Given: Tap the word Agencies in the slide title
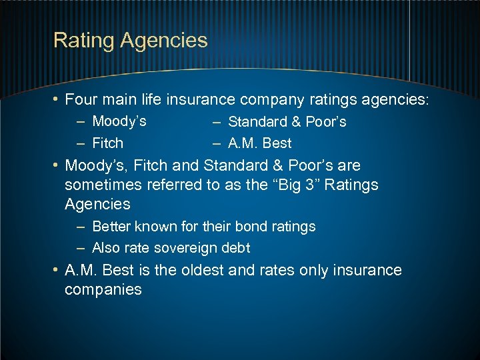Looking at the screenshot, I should (x=164, y=41).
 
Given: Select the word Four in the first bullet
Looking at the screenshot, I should (x=81, y=100).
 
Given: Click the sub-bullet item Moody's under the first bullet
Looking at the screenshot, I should (x=119, y=121).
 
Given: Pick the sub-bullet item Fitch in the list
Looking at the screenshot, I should (x=108, y=143).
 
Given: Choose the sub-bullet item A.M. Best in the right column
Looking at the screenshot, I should (x=259, y=143).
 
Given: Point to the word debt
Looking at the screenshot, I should (x=235, y=247).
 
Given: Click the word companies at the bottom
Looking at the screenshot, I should (x=103, y=290).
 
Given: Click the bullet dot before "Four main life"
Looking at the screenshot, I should (x=57, y=101).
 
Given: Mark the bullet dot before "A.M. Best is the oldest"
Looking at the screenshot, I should (x=57, y=271).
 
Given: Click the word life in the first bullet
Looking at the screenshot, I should (x=152, y=100).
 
